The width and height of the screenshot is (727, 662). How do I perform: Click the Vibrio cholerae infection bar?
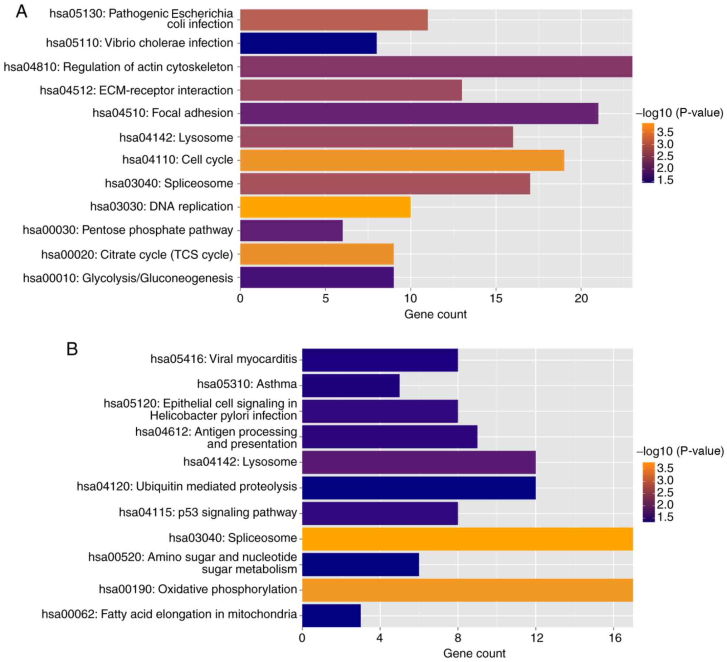pos(308,43)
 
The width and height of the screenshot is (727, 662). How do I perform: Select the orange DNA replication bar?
pos(325,207)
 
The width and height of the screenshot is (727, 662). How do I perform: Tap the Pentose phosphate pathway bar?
pos(291,230)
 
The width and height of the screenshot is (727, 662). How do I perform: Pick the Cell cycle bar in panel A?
pos(402,160)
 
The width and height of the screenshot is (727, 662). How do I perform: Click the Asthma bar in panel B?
pos(351,386)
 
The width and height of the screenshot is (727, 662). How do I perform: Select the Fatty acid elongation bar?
pos(331,616)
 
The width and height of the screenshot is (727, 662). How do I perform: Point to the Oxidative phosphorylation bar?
pos(467,590)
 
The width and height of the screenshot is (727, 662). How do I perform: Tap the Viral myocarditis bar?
pos(380,360)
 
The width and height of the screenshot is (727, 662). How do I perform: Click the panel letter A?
pos(21,12)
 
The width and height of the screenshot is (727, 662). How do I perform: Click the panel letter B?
pos(72,349)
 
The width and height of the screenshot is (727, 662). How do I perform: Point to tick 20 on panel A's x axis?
pos(581,299)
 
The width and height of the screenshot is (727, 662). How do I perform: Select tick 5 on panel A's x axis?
pos(326,299)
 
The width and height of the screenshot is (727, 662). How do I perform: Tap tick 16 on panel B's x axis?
pos(615,638)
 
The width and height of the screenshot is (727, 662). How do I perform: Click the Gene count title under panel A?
pos(435,314)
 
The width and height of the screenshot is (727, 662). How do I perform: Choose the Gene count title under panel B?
pos(474,653)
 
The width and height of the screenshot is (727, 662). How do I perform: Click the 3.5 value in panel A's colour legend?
pos(665,132)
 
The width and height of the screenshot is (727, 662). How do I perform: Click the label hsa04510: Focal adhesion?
pos(163,113)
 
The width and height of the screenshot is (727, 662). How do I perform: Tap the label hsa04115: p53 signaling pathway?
pos(208,513)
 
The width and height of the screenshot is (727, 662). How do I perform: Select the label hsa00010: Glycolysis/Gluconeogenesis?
pos(128,278)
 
